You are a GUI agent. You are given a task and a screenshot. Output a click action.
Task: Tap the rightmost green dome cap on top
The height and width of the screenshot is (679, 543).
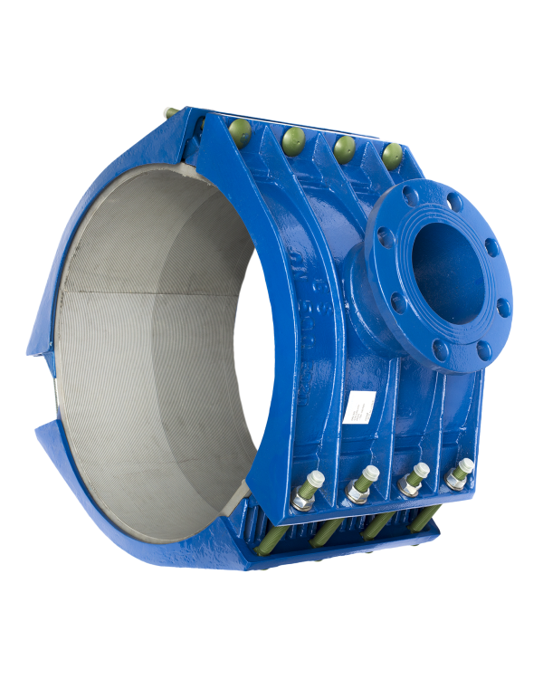pyautogui.click(x=392, y=154)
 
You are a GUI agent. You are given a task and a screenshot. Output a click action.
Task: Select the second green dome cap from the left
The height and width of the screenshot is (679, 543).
pyautogui.click(x=293, y=137)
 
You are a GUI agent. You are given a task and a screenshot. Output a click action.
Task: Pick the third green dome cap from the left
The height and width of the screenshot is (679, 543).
pyautogui.click(x=344, y=146)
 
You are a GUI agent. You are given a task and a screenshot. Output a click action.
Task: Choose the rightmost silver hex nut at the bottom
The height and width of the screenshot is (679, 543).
pyautogui.click(x=464, y=468)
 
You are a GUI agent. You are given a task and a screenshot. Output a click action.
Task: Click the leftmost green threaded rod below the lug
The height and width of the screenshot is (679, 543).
pyautogui.click(x=323, y=534)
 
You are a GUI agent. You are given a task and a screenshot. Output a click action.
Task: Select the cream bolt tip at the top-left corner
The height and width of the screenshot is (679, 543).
pyautogui.click(x=169, y=112)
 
